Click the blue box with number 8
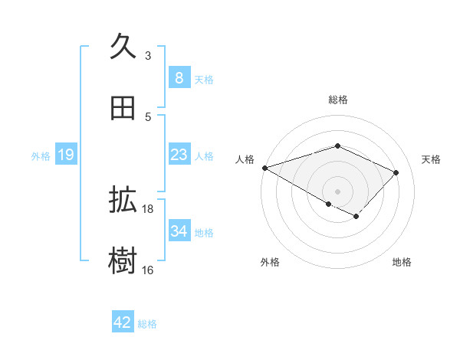pyautogui.click(x=179, y=77)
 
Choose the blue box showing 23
pyautogui.click(x=179, y=155)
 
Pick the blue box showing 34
pyautogui.click(x=179, y=231)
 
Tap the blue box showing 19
pyautogui.click(x=66, y=155)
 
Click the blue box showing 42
pyautogui.click(x=123, y=322)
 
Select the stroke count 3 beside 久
pyautogui.click(x=147, y=55)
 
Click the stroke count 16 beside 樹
pyautogui.click(x=148, y=269)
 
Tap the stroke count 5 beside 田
pyautogui.click(x=147, y=116)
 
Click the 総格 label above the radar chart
pyautogui.click(x=338, y=100)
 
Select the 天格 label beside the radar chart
pyautogui.click(x=432, y=159)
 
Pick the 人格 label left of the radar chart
pyautogui.click(x=245, y=159)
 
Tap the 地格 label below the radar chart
pyautogui.click(x=402, y=262)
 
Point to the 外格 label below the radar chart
pyautogui.click(x=270, y=262)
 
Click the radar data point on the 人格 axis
pyautogui.click(x=264, y=168)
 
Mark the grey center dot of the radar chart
pyautogui.click(x=337, y=191)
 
